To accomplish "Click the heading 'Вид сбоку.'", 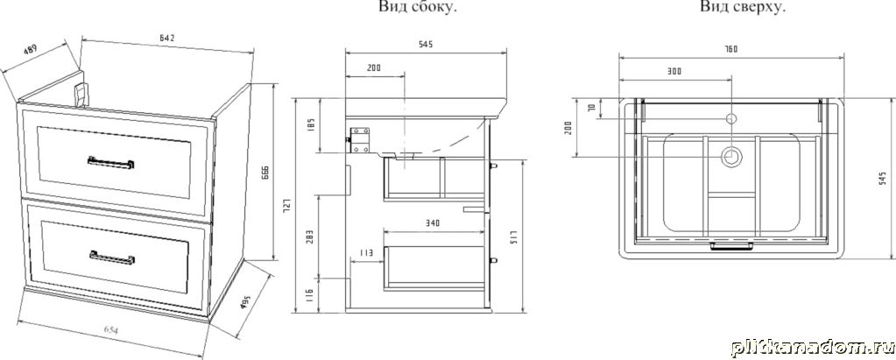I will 419,8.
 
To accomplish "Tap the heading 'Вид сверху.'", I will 742,8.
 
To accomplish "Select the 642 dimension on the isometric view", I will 168,38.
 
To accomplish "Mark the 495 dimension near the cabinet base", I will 247,304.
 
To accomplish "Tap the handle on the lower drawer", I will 111,256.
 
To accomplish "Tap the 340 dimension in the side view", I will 432,223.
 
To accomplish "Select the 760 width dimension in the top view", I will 730,49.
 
